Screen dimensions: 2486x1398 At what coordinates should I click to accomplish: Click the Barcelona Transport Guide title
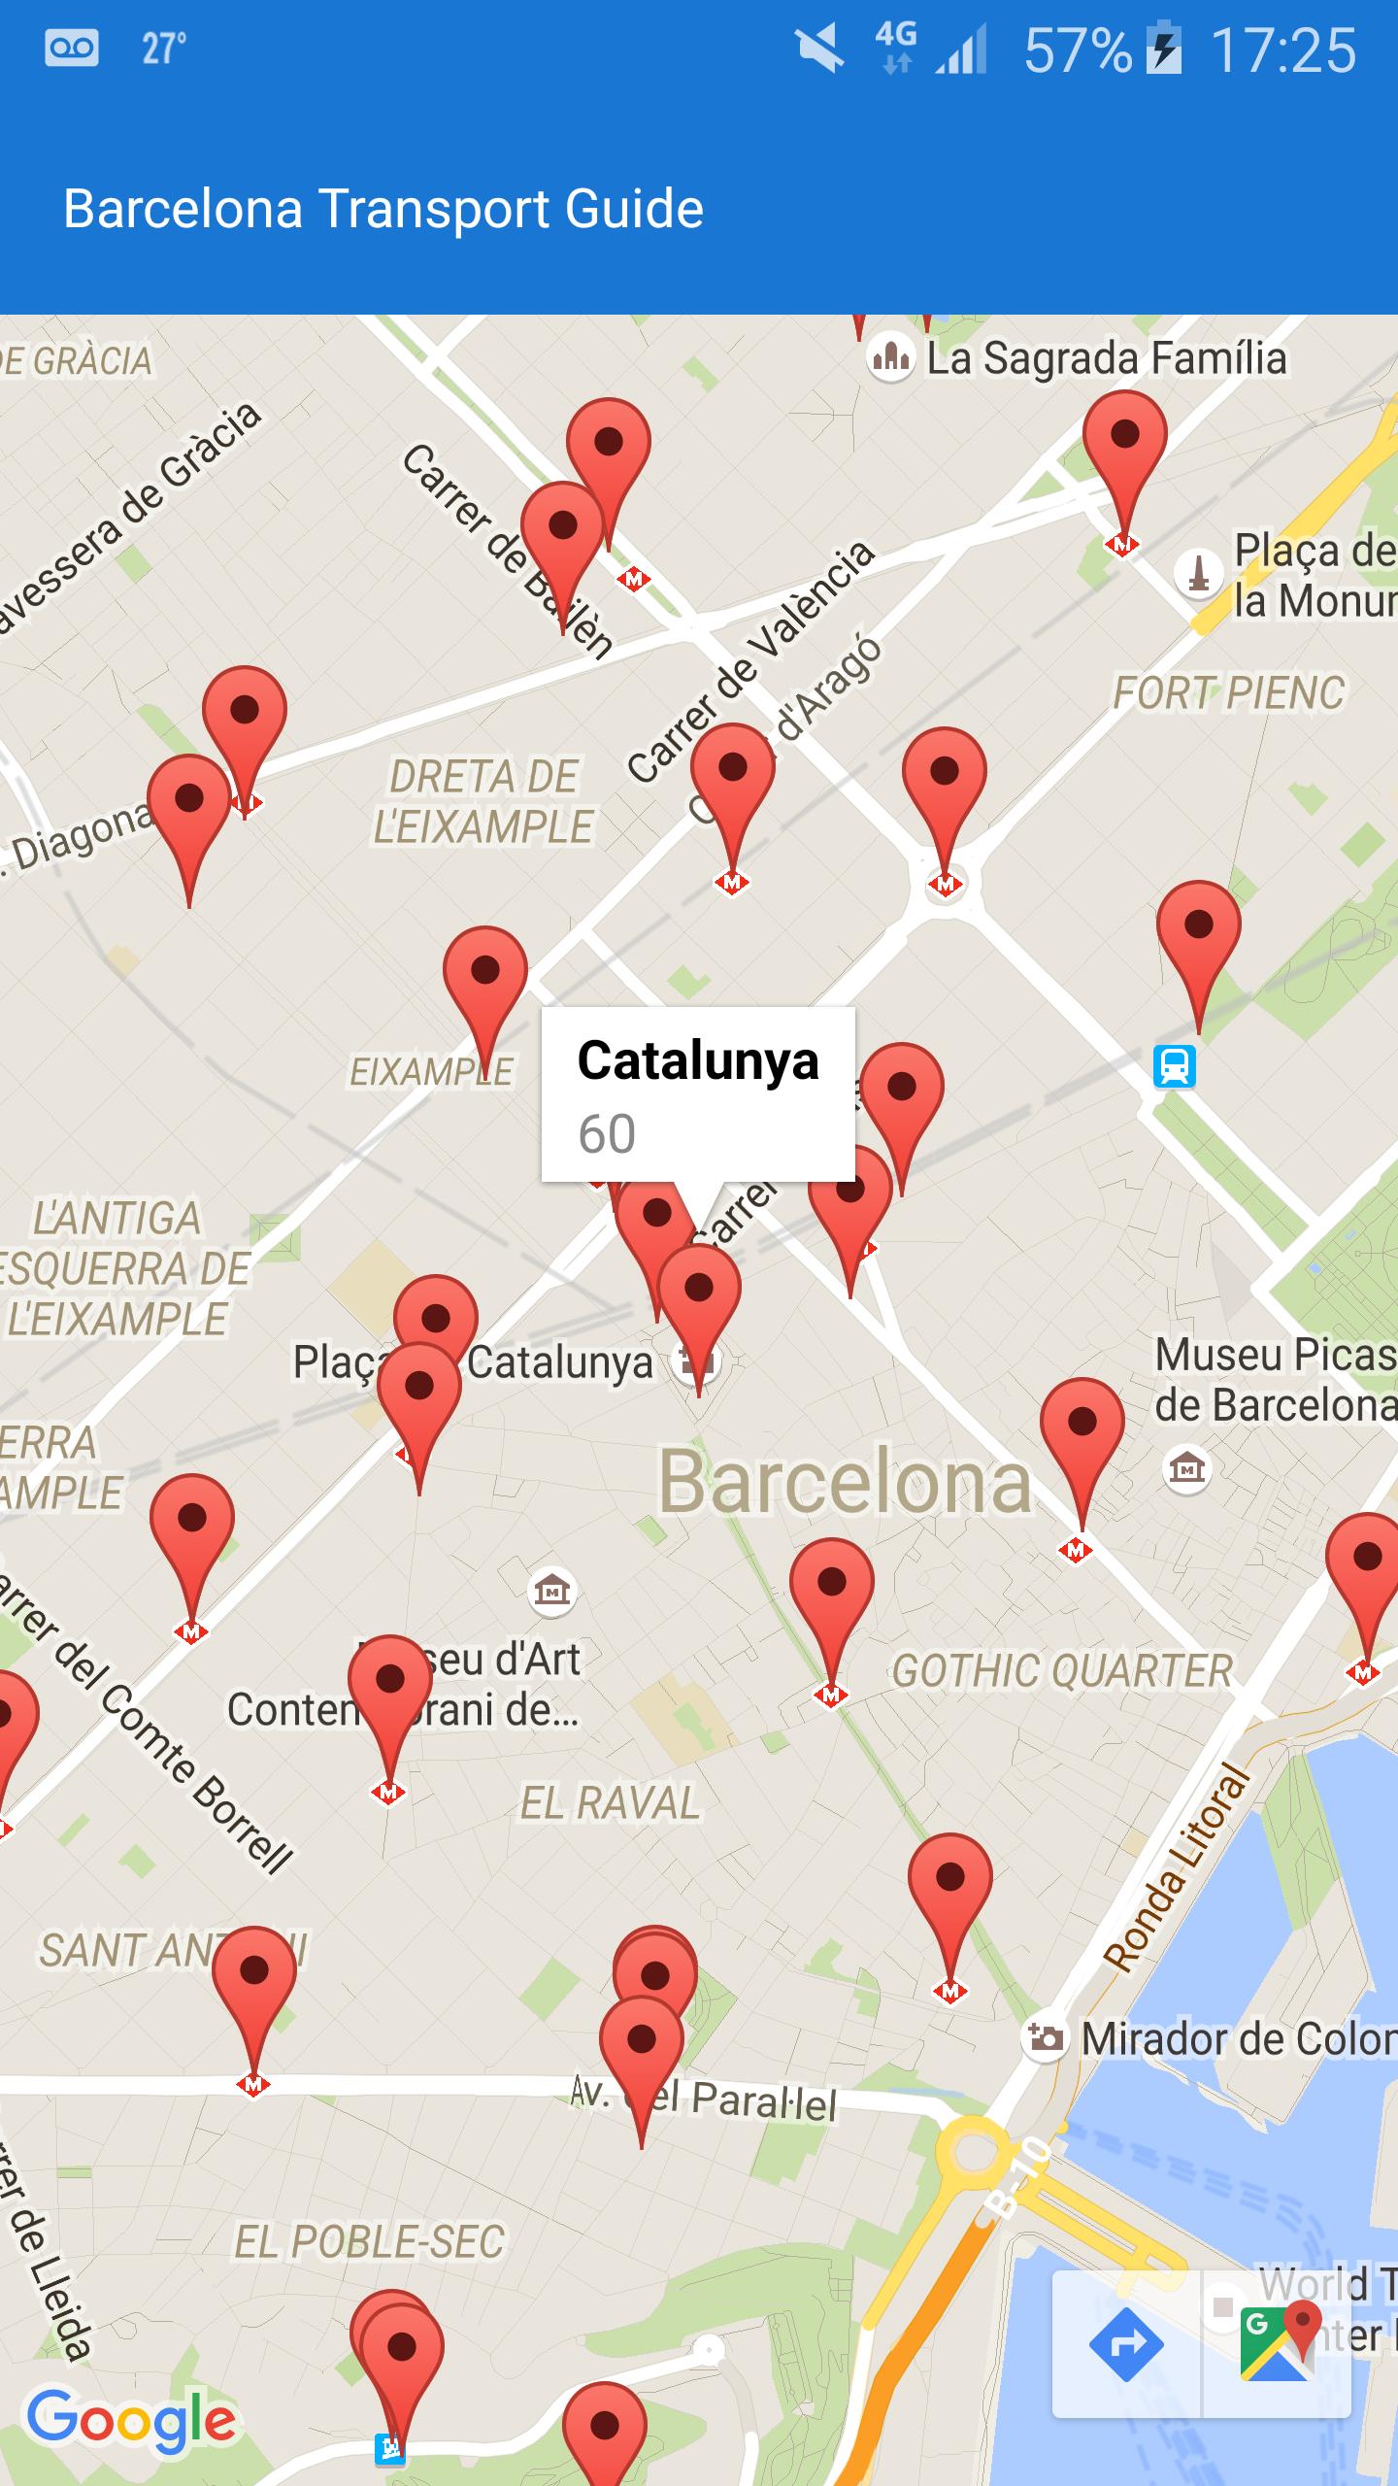(x=383, y=209)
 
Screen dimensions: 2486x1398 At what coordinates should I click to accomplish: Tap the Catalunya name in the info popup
(x=698, y=1059)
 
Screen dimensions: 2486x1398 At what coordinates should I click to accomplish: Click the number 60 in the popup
(x=607, y=1133)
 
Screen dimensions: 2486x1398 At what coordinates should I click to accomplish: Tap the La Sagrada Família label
(x=1106, y=358)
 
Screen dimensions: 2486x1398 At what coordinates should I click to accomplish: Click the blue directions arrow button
(x=1126, y=2344)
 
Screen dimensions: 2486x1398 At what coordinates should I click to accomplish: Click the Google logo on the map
(x=131, y=2419)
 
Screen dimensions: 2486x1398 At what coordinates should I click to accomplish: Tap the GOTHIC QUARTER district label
(x=1062, y=1671)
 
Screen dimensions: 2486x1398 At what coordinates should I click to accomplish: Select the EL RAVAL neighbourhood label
(x=610, y=1803)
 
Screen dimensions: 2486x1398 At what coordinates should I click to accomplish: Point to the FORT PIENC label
(x=1228, y=693)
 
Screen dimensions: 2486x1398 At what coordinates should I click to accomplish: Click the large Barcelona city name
(x=845, y=1482)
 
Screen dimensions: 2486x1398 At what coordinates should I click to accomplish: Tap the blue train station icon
(x=1174, y=1066)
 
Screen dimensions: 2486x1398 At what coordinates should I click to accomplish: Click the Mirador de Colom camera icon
(x=1046, y=2037)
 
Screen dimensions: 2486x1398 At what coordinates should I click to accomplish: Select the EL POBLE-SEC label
(x=370, y=2242)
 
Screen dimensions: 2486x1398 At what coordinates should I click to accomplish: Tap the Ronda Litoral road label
(x=1177, y=1870)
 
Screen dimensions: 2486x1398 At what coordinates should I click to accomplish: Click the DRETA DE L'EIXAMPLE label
(x=483, y=802)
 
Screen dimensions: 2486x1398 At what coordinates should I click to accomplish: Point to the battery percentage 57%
(x=1078, y=50)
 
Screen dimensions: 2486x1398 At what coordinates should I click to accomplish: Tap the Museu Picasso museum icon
(x=1186, y=1467)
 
